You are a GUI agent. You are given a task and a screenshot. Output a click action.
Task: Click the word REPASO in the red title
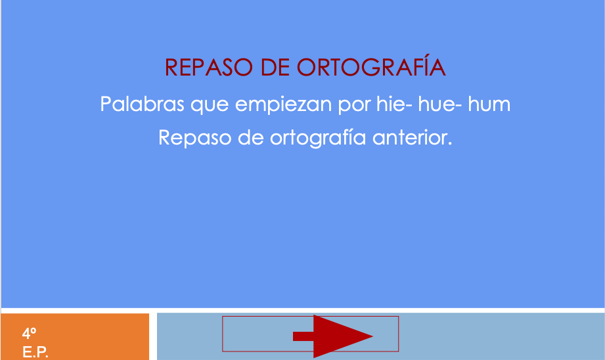[209, 68]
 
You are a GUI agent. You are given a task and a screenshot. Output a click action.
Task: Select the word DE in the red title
[275, 68]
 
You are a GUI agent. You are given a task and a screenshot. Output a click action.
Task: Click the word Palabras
[142, 104]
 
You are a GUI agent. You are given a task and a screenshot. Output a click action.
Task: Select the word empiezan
[283, 105]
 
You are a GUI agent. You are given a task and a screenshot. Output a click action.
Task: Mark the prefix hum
[489, 104]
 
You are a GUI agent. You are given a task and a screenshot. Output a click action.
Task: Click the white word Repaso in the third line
[195, 139]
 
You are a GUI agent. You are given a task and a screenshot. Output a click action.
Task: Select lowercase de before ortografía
[251, 137]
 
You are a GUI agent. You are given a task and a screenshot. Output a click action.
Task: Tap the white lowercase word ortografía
[317, 138]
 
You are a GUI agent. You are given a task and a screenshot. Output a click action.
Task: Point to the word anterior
[412, 138]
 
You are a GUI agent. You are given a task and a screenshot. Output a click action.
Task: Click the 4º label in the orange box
[29, 333]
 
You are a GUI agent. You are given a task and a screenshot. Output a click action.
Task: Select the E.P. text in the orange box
[35, 352]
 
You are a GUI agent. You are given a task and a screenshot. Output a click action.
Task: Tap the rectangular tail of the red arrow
[303, 336]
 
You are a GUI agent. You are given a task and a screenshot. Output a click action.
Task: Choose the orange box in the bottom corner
[75, 336]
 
